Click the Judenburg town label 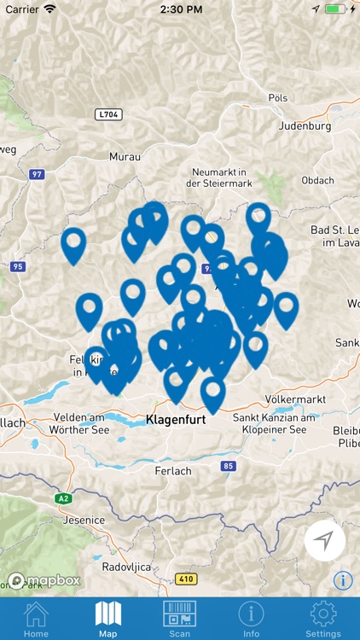(x=305, y=126)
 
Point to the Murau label (x=125, y=157)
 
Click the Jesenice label (x=83, y=520)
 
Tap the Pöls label (x=278, y=98)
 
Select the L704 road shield (x=108, y=113)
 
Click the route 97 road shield (x=36, y=174)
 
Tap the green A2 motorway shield (x=63, y=498)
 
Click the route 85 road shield (x=228, y=466)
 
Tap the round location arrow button (x=324, y=540)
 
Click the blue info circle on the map (x=343, y=580)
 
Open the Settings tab (x=323, y=620)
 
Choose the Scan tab (x=179, y=620)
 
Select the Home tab (x=36, y=620)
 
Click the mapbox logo (x=44, y=580)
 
